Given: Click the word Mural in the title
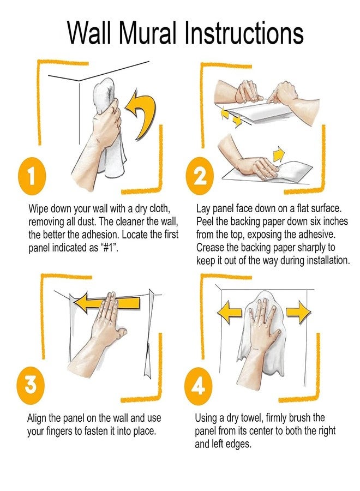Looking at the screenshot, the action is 147,33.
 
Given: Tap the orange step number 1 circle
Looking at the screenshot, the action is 31,175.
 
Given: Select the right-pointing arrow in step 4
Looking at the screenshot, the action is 298,312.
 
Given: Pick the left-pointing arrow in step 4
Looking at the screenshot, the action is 231,312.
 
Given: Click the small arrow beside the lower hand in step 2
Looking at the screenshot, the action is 279,153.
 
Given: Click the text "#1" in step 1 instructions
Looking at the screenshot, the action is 109,248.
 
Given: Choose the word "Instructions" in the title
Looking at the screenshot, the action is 244,33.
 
